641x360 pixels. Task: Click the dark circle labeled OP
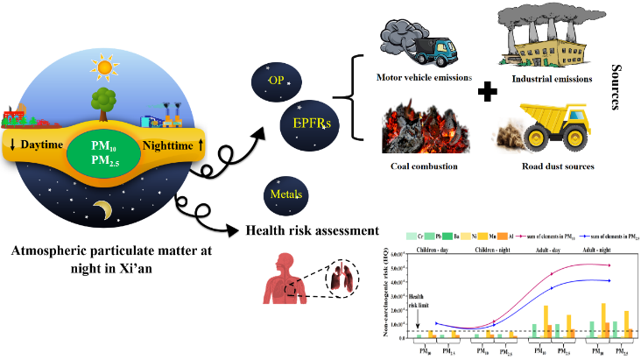coord(274,81)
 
